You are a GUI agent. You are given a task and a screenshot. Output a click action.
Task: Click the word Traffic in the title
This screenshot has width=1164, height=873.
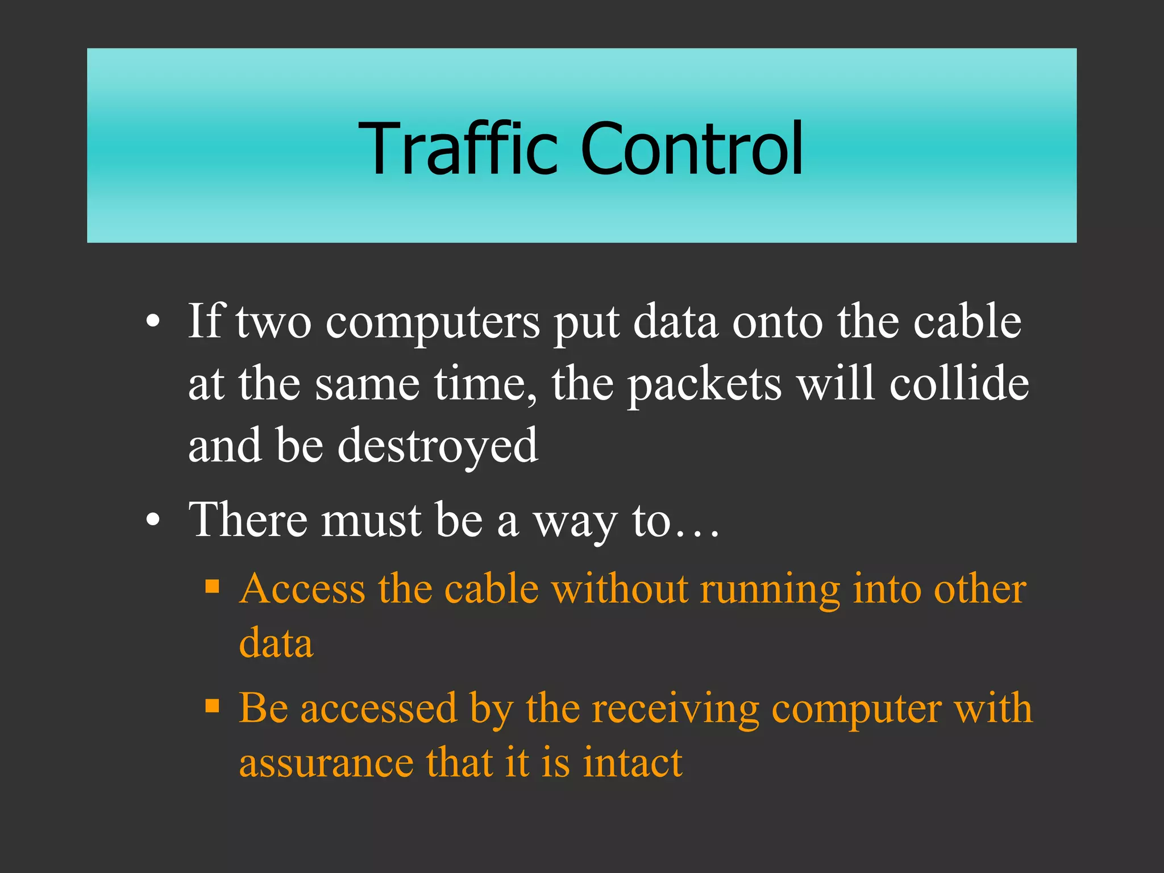tap(458, 149)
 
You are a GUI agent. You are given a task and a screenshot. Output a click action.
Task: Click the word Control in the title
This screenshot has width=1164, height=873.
tap(692, 149)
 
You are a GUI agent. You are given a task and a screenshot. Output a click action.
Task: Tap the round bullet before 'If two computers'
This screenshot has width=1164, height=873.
tap(152, 323)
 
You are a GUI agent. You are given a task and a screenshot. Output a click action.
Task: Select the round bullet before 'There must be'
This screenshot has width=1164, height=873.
tap(152, 520)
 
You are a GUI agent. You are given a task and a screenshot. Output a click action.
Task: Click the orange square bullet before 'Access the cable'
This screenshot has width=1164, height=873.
tap(212, 586)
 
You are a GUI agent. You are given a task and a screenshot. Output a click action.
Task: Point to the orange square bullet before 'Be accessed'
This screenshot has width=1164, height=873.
tap(212, 706)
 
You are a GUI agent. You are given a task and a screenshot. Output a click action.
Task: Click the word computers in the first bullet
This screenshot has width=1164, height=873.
tap(433, 323)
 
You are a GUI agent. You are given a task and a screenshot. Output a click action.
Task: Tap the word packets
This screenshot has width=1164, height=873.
tap(704, 384)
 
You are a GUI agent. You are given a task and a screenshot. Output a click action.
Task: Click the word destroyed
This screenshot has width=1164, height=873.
tap(438, 446)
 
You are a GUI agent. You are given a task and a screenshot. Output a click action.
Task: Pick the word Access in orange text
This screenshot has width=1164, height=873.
tap(302, 589)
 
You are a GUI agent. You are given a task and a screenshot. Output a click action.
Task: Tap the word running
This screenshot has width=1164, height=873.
tap(770, 590)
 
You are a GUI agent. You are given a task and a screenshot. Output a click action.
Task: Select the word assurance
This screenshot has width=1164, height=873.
tap(326, 763)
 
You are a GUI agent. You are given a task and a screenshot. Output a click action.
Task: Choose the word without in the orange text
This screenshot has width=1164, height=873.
tap(620, 589)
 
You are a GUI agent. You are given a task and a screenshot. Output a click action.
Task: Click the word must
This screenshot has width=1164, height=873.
tap(371, 521)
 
